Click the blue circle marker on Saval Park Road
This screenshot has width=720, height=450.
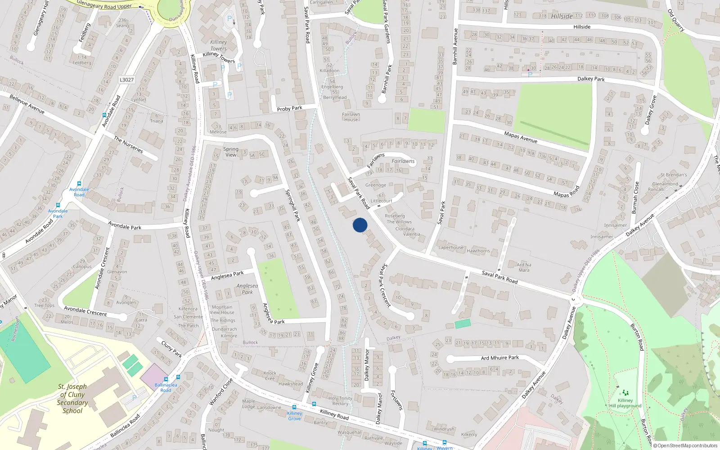coord(360,225)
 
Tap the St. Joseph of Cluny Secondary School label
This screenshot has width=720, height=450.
coord(72,398)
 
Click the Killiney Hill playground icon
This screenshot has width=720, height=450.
coord(625,393)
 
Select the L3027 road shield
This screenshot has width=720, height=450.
coord(126,80)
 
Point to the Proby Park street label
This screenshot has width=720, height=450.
coord(289,108)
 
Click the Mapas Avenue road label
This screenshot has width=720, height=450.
coord(521,137)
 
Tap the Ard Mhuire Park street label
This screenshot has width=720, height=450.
coord(499,358)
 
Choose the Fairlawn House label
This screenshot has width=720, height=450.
coord(351,117)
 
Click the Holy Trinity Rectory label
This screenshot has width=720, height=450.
coord(340,400)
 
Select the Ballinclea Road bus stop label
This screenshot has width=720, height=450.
coord(166,387)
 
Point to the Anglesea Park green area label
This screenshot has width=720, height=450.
coord(247,289)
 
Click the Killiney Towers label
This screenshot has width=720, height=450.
coord(219,45)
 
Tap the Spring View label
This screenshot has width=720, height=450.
coord(231,152)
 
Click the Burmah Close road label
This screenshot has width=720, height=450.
coord(635,197)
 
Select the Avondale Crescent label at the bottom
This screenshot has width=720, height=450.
coord(85,311)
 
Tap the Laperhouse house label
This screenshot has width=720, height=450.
coord(450,247)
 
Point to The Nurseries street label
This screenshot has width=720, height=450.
coord(128,145)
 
